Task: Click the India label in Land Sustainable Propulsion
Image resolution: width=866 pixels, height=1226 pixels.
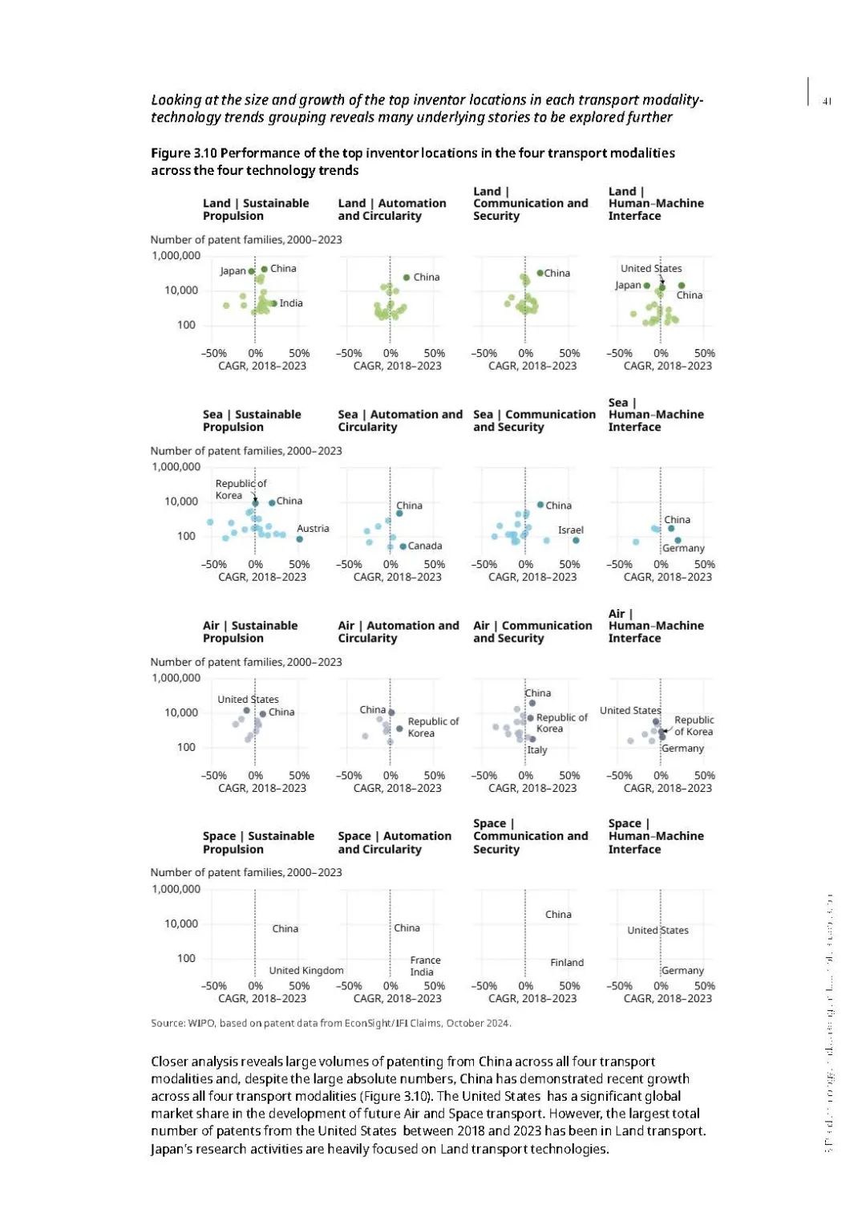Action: click(x=291, y=303)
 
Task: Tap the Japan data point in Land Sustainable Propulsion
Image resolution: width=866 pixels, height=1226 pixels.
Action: click(x=251, y=271)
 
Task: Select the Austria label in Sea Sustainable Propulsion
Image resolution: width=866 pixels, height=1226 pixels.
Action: click(x=313, y=529)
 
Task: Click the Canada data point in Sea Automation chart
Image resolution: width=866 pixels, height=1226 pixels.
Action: click(x=403, y=546)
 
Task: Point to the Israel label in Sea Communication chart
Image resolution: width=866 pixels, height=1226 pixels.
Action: click(x=571, y=530)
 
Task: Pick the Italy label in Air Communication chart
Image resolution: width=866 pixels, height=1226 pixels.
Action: click(x=537, y=750)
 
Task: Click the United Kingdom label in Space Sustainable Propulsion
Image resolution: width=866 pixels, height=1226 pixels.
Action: click(x=306, y=971)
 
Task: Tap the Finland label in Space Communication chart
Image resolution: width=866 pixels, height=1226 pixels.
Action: click(x=567, y=963)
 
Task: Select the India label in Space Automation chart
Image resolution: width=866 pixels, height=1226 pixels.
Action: click(x=422, y=972)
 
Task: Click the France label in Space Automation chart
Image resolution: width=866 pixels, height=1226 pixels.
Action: click(x=425, y=960)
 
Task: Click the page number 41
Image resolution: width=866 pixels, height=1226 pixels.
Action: click(x=827, y=101)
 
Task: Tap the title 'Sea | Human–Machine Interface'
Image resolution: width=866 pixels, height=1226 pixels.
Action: click(x=655, y=415)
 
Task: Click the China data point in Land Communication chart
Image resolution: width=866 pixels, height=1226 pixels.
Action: click(x=540, y=273)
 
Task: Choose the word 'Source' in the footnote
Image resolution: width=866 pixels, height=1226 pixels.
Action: click(x=168, y=1023)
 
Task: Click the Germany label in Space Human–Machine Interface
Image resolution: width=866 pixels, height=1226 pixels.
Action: click(x=682, y=971)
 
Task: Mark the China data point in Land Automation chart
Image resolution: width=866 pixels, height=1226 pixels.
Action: click(x=407, y=278)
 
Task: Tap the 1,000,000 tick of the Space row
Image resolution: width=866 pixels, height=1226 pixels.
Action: click(x=176, y=889)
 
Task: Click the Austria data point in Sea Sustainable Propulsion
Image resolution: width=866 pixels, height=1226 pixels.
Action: click(x=299, y=539)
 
